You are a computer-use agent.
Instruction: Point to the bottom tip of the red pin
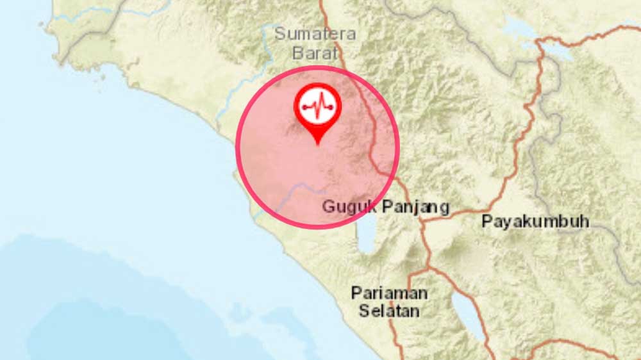(317, 143)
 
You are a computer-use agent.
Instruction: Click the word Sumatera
(315, 34)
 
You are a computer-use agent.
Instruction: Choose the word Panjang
(416, 207)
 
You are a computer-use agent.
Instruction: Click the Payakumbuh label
(535, 222)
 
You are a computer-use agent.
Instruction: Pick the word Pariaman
(389, 293)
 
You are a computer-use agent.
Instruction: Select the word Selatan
(389, 311)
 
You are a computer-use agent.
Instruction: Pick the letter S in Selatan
(363, 311)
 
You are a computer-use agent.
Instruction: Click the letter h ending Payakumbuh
(584, 222)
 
